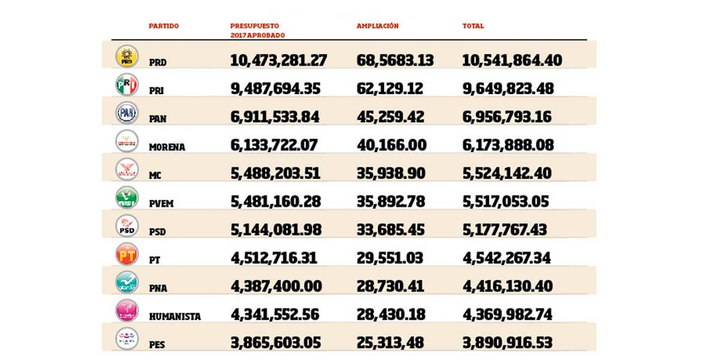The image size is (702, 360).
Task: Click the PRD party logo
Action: tap(127, 56)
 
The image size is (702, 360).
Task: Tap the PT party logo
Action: tap(127, 254)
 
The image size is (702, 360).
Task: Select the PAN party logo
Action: tap(127, 112)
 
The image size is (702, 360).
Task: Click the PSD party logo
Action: tap(127, 226)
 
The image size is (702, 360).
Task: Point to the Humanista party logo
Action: tap(127, 310)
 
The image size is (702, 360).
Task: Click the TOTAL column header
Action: tap(473, 26)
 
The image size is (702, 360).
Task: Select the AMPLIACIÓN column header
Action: tap(377, 26)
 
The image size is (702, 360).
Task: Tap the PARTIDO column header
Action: tap(164, 26)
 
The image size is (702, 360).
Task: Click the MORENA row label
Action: tap(167, 147)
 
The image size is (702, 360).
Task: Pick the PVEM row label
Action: tap(161, 203)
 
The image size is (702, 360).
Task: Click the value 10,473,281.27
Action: tap(278, 60)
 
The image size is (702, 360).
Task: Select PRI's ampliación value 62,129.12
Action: tap(389, 88)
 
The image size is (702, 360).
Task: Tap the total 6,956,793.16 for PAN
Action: tap(507, 116)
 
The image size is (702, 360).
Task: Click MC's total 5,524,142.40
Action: tap(507, 173)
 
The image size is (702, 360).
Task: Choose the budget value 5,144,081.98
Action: tap(276, 230)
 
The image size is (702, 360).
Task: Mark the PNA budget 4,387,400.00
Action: tap(276, 286)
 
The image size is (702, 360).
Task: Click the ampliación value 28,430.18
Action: tap(391, 314)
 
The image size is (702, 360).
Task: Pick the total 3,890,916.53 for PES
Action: tap(507, 343)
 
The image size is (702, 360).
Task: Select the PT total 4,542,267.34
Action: tap(507, 258)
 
